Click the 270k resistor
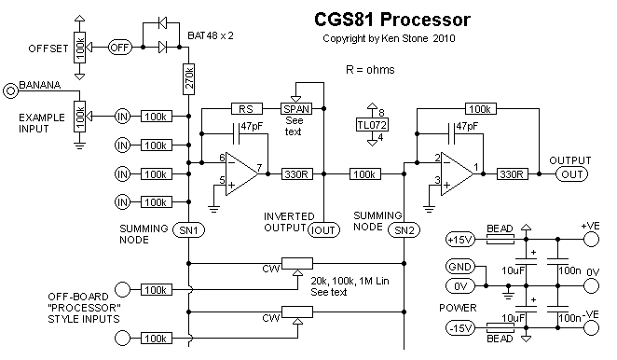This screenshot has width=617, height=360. [x=189, y=78]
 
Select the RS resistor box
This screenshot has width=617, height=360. [x=247, y=109]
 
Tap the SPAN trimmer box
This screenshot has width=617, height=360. [x=296, y=109]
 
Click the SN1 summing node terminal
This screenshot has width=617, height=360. [x=189, y=230]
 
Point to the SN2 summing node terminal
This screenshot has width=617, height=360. [x=404, y=230]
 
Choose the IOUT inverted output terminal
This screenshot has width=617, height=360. [x=323, y=230]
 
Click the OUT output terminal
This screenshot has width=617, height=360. [x=571, y=174]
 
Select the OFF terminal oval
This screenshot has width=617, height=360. [x=119, y=48]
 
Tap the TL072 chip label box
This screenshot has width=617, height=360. [x=372, y=125]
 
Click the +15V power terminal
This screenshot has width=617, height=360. [x=460, y=239]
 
